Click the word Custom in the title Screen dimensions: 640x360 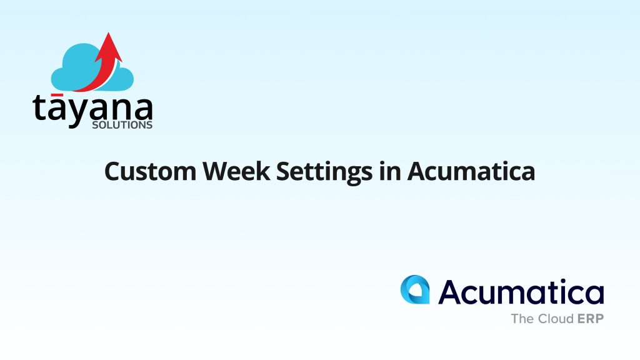pyautogui.click(x=151, y=171)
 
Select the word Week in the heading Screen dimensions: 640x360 pyautogui.click(x=236, y=171)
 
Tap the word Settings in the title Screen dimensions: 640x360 pyautogui.click(x=324, y=172)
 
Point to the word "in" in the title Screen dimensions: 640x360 pyautogui.click(x=390, y=171)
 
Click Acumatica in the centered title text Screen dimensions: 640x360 pyautogui.click(x=471, y=171)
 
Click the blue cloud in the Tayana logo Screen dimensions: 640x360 pyautogui.click(x=92, y=67)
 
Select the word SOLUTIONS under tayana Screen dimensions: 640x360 pyautogui.click(x=122, y=125)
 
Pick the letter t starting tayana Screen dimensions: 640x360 pyautogui.click(x=41, y=107)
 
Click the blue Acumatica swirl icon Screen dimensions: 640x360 pyautogui.click(x=415, y=289)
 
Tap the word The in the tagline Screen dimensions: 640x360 pyautogui.click(x=523, y=318)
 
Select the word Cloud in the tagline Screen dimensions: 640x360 pyautogui.click(x=556, y=318)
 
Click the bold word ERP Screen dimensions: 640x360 pyautogui.click(x=591, y=318)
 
